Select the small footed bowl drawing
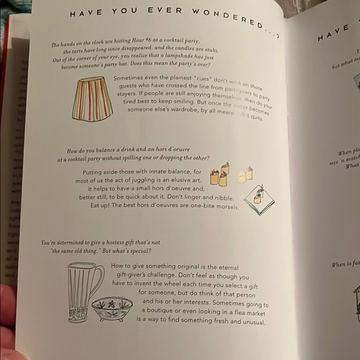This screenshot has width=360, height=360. click(112, 308)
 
